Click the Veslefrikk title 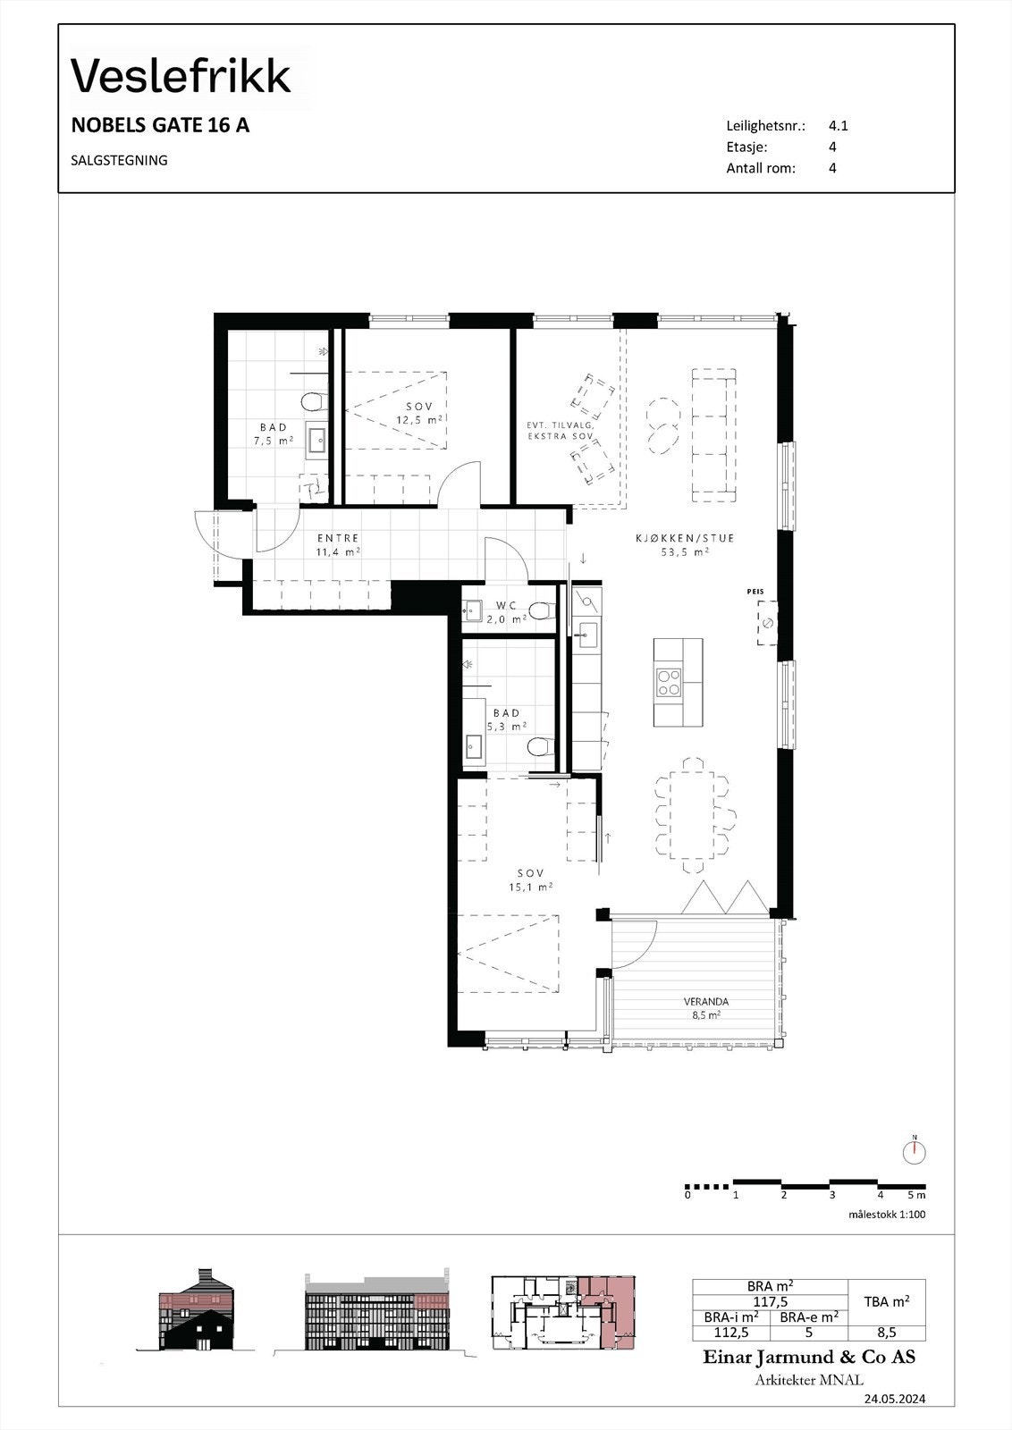tap(181, 76)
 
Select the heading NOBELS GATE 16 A tap(160, 126)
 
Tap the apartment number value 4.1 tap(838, 126)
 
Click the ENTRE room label tap(338, 538)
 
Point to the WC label tap(506, 606)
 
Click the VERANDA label tap(706, 1002)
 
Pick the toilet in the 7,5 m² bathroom tap(313, 401)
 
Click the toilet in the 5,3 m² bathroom tap(537, 746)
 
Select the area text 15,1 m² tap(530, 887)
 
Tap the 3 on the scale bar tap(831, 1195)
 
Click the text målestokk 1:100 tap(887, 1215)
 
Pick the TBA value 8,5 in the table tap(887, 1332)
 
